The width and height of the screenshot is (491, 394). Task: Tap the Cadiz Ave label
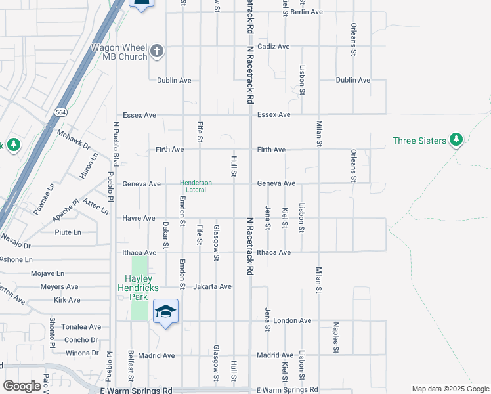[274, 47]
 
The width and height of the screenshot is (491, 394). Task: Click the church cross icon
[157, 51]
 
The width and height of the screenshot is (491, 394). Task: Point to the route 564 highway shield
[60, 111]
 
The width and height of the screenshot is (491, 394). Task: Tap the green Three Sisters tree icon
[456, 140]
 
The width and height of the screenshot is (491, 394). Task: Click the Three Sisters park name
[419, 141]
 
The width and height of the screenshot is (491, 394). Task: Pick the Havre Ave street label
[139, 218]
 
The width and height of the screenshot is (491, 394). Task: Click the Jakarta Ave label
[213, 286]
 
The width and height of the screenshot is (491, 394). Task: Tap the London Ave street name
[292, 320]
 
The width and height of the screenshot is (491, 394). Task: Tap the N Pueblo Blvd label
[116, 143]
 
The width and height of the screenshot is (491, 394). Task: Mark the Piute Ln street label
[68, 232]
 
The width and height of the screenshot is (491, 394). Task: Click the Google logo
[22, 386]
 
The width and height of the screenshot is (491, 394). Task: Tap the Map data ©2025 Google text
[450, 389]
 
